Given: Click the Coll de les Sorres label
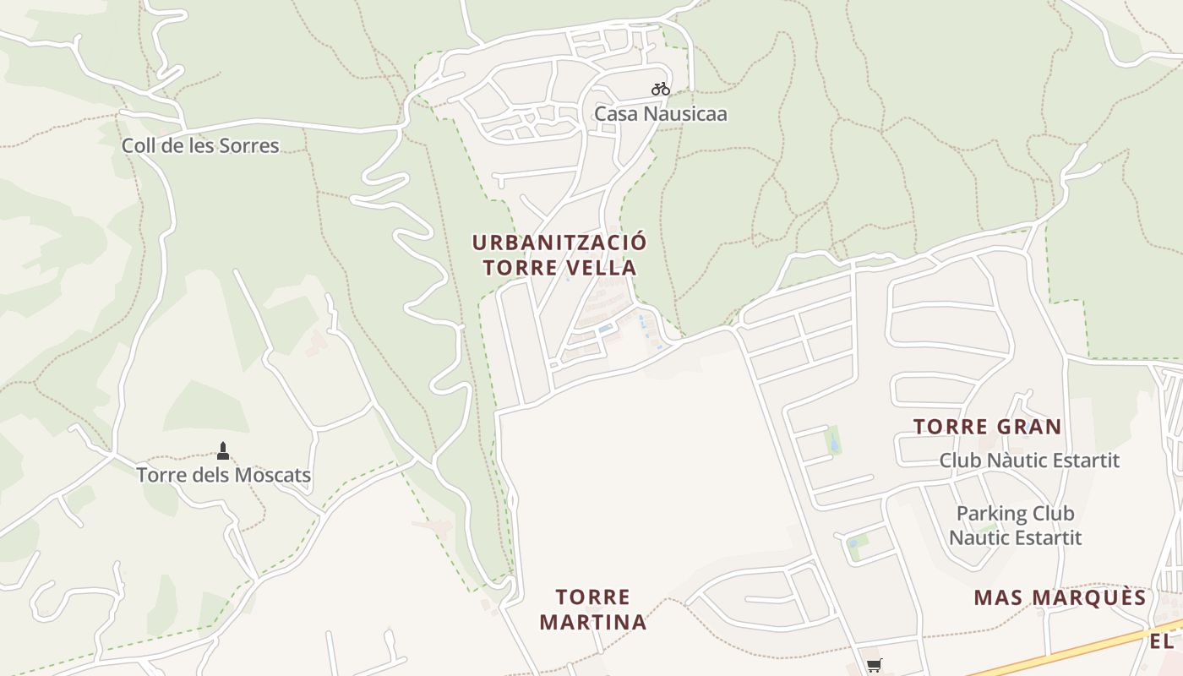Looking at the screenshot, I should coord(200,145).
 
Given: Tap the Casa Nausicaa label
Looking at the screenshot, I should coord(660,113).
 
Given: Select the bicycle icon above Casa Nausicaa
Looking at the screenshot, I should coord(660,89).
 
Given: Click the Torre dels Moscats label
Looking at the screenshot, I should coord(224,475).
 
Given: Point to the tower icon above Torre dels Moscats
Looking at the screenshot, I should coord(223,450).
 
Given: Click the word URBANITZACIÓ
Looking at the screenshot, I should coord(559,243).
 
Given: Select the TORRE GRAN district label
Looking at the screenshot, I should coord(987,427).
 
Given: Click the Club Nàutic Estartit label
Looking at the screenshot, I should coord(1029,461).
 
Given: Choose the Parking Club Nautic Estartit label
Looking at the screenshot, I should coord(1015,525).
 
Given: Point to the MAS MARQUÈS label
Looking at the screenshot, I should coord(1060,598).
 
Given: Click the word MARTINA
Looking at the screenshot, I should coord(592,623).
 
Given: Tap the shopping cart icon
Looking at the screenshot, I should coord(874,666).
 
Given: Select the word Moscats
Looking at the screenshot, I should coord(270,475).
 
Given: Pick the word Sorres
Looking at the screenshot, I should coord(248,145).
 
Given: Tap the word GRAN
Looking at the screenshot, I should coord(1025,427).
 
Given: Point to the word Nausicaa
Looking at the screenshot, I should coord(685,113).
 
